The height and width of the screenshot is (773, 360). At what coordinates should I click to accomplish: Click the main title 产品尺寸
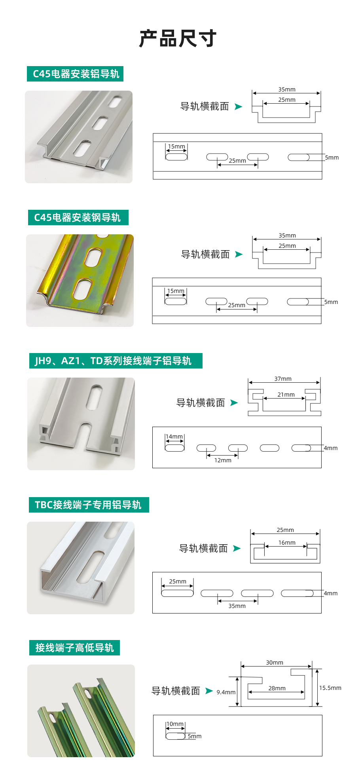point(178,38)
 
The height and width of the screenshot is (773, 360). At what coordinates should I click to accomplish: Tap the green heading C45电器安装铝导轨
point(76,74)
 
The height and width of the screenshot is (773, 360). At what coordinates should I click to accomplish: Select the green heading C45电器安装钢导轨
point(78,218)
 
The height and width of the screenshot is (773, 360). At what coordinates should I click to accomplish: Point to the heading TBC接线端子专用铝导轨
point(88,505)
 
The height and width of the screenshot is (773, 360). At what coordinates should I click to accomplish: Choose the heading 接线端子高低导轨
point(74,648)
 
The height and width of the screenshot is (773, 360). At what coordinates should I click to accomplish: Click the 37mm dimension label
point(283,379)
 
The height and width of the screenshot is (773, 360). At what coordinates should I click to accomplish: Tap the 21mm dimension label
point(286,395)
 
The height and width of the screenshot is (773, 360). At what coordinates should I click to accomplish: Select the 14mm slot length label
point(174,437)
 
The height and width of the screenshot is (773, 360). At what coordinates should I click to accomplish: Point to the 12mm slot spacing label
point(223,460)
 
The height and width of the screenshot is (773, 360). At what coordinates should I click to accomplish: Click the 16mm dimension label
point(287,543)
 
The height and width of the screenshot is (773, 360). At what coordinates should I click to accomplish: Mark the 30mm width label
point(275,663)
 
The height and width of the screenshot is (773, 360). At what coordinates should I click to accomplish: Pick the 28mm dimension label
point(277,688)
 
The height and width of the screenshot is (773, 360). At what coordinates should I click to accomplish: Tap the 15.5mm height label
point(330,688)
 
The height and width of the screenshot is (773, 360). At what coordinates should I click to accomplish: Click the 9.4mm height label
point(226,692)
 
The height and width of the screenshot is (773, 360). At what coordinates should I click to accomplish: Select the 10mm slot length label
point(175,724)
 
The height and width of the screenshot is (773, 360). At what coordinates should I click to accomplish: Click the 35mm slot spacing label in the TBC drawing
point(237,606)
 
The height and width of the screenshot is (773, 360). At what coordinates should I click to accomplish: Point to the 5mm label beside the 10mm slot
point(195,736)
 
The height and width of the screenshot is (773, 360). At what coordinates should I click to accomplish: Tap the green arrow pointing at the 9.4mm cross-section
point(209,691)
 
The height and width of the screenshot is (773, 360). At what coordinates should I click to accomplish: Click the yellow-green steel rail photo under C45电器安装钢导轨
point(80,281)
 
